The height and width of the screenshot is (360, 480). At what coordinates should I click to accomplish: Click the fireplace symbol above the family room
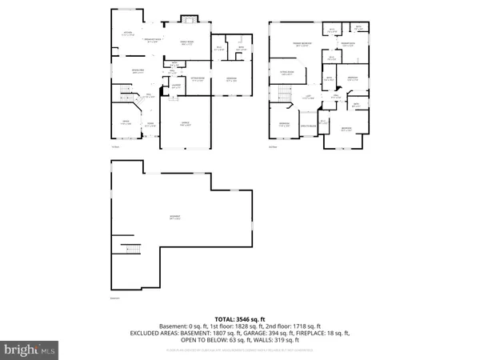tap(190, 19)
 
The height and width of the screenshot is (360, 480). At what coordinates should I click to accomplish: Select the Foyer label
tap(150, 123)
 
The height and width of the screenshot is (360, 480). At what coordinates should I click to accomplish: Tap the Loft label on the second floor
tap(306, 98)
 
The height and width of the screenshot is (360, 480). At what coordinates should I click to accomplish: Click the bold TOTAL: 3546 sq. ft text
tap(240, 318)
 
